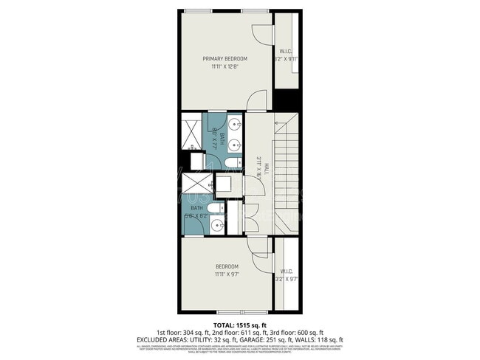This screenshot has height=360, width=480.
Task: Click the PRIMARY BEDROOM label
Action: pyautogui.click(x=225, y=58)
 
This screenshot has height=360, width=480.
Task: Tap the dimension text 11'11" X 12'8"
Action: pyautogui.click(x=225, y=66)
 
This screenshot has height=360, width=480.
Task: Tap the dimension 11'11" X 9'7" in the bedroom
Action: pyautogui.click(x=227, y=274)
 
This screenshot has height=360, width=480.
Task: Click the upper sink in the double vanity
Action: pyautogui.click(x=235, y=124)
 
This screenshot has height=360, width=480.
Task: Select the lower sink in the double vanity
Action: pyautogui.click(x=235, y=145)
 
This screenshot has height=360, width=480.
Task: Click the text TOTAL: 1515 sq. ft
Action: pyautogui.click(x=240, y=325)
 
